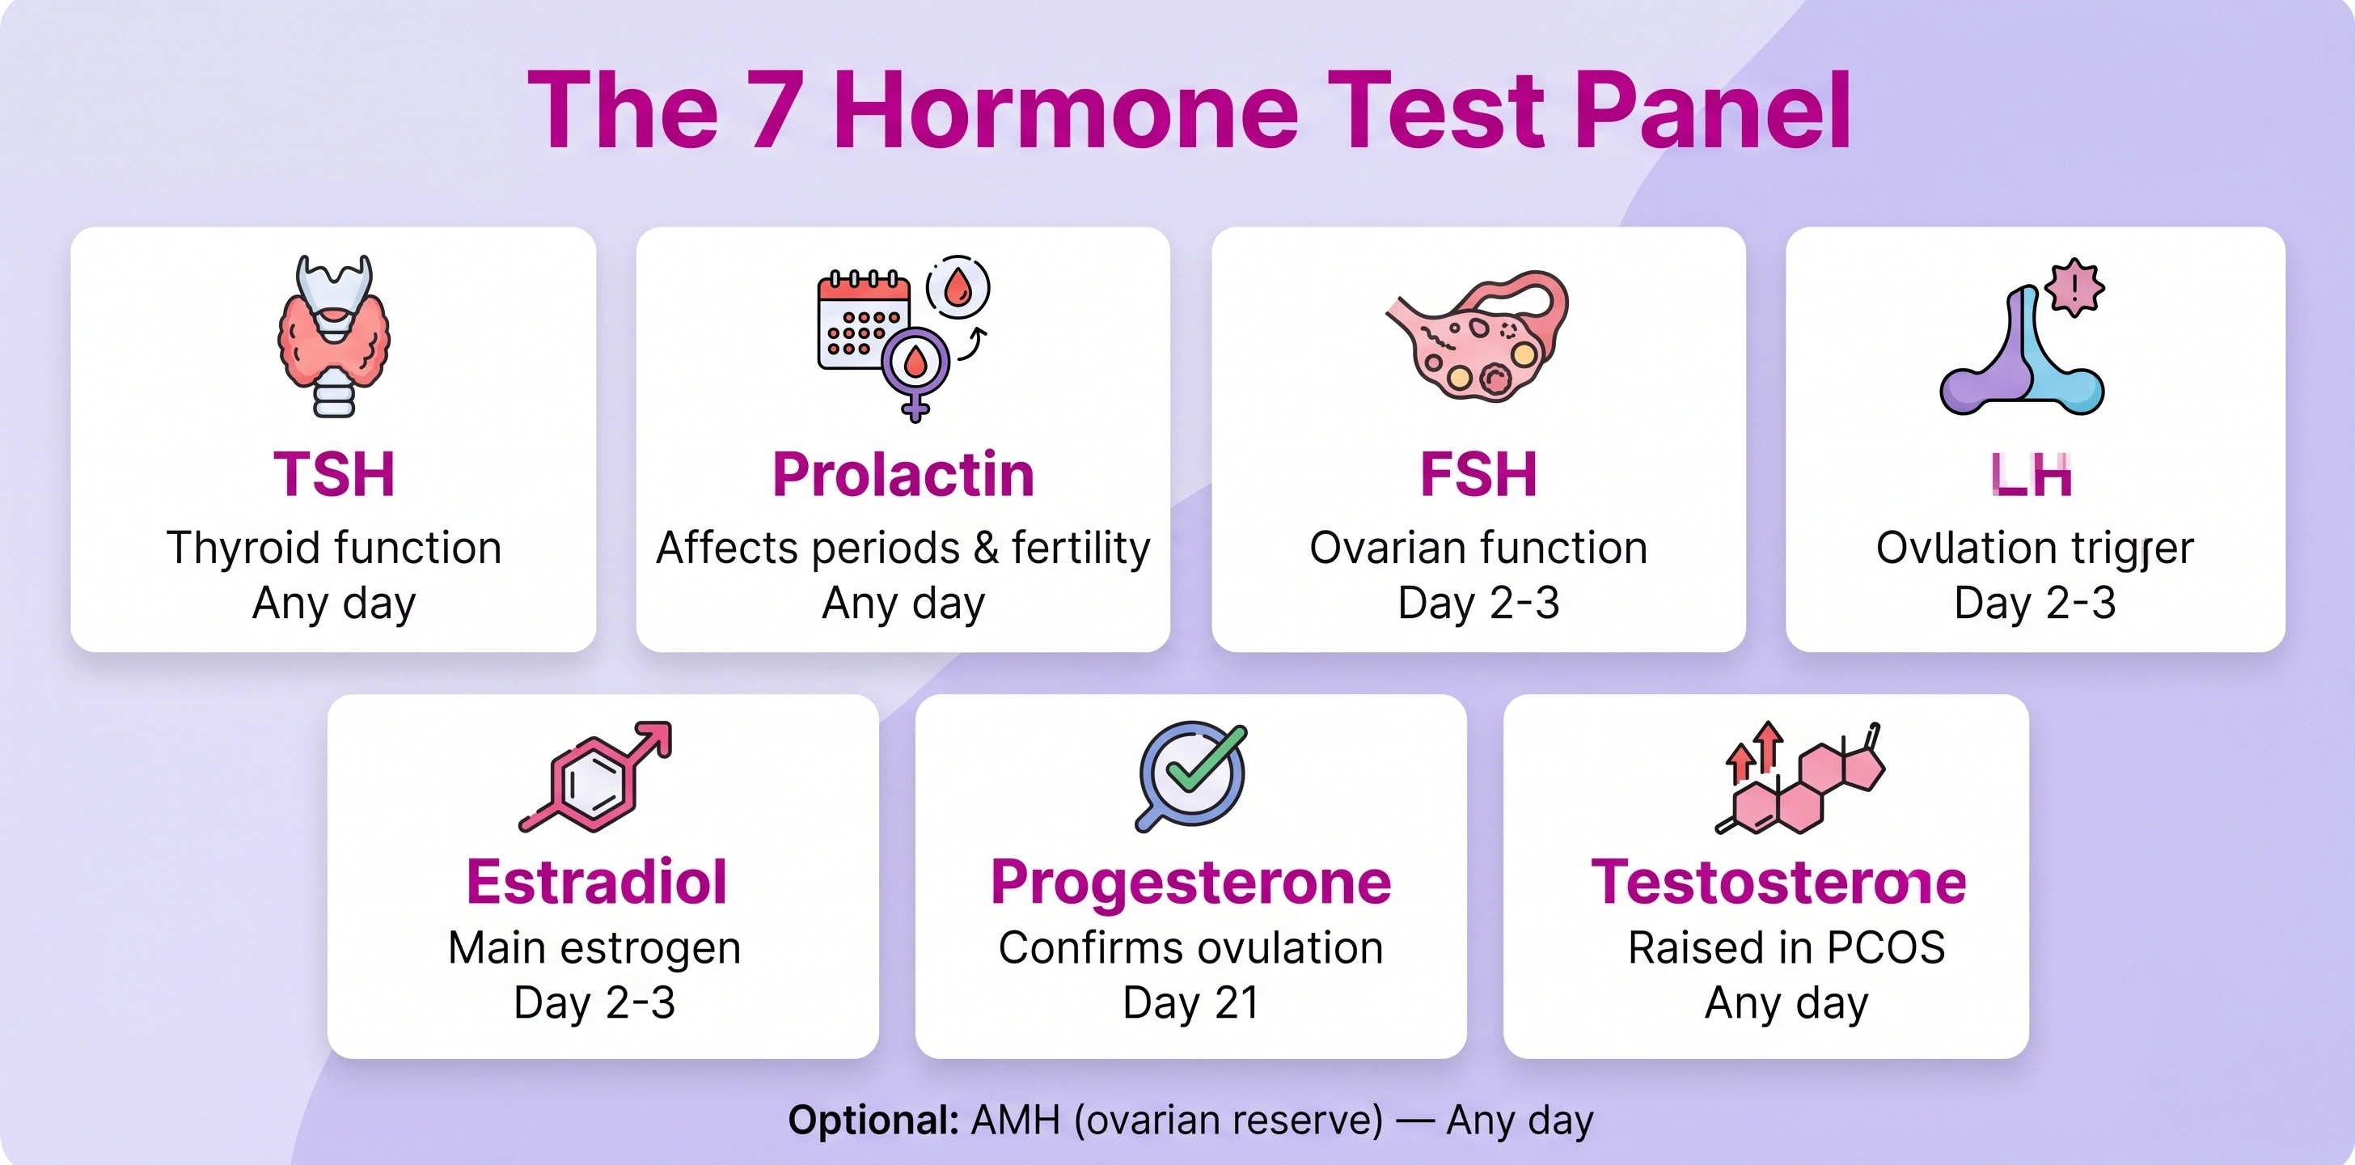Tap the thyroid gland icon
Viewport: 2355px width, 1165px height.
334,337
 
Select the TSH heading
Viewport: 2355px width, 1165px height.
334,475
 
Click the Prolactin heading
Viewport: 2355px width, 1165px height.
903,475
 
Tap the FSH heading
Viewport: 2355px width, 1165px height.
1478,475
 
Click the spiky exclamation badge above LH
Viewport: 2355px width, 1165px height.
2074,288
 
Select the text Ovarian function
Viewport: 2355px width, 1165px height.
1478,548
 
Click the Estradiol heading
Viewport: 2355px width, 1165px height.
596,883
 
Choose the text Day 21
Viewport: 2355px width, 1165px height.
1190,1003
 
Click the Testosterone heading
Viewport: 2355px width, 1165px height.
1778,883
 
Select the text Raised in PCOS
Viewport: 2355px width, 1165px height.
1786,947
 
